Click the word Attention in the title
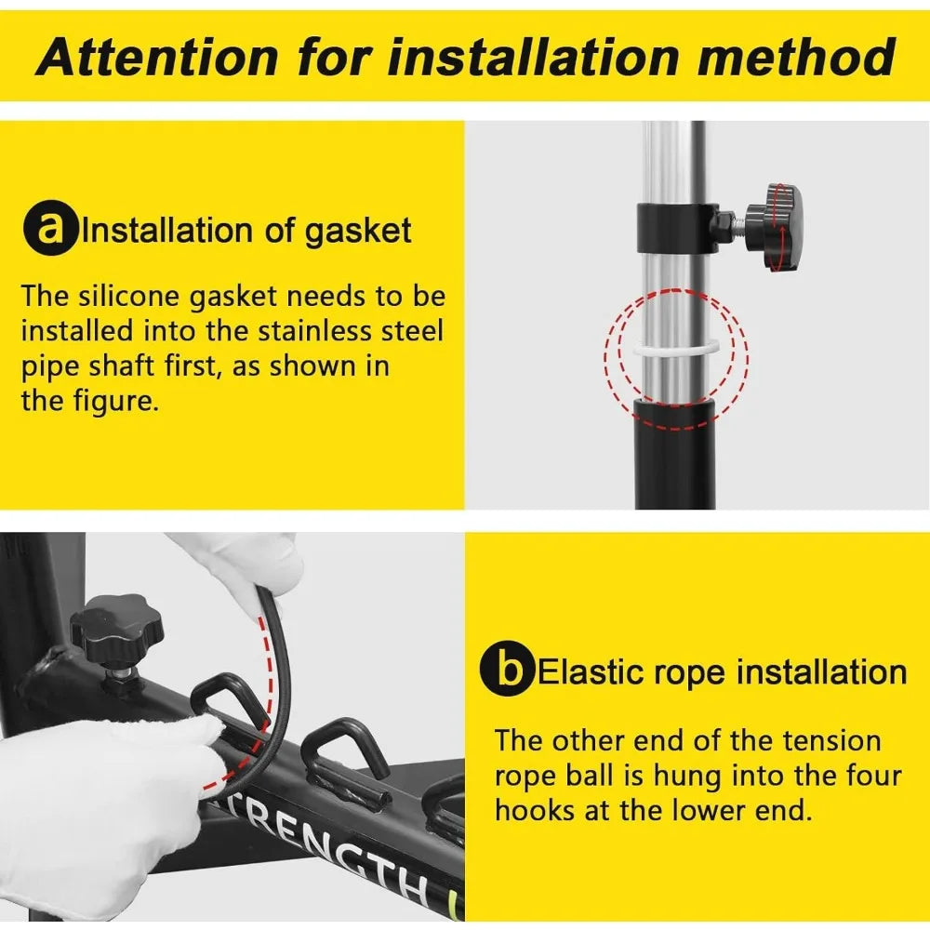156,58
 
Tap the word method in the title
796,57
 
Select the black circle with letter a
50,229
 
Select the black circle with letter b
507,669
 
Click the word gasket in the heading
358,232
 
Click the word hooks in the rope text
535,810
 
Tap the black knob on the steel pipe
776,228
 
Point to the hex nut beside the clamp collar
724,226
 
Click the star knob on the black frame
117,630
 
